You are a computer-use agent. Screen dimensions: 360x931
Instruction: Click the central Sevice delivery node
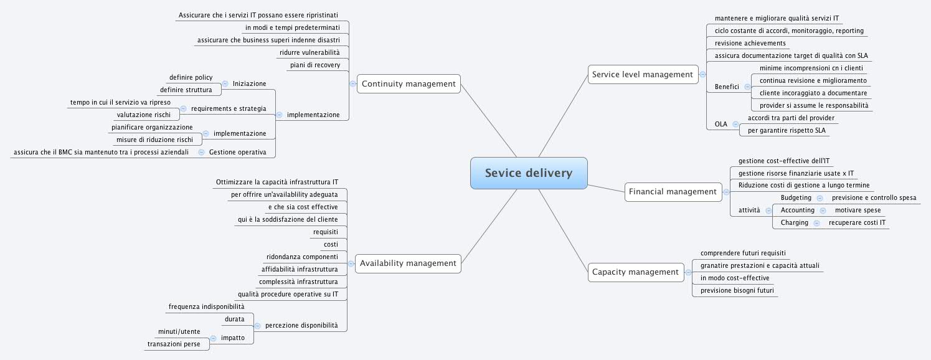coord(529,173)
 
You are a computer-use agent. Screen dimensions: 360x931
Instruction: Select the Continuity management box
coord(409,83)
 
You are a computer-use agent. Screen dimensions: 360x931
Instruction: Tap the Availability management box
coord(408,263)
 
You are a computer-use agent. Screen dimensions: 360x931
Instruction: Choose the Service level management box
coord(642,75)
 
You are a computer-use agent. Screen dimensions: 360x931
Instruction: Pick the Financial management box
coord(673,192)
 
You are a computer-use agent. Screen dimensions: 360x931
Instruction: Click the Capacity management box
coord(635,272)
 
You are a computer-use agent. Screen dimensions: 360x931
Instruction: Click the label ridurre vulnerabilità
coord(310,52)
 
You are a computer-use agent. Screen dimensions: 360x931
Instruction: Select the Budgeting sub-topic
coord(796,197)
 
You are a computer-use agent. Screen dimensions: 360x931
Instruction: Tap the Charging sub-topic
coord(794,222)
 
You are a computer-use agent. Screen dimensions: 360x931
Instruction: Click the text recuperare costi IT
coord(857,222)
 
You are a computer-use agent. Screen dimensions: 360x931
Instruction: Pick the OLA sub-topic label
coord(721,124)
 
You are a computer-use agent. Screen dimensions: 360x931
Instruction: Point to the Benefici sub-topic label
coord(727,87)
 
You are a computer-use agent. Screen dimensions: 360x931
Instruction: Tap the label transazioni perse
coord(174,344)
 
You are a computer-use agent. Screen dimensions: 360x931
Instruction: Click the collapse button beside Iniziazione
coord(225,83)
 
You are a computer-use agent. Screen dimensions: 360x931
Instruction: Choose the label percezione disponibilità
coord(301,325)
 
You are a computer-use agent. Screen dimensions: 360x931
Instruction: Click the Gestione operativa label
coord(238,152)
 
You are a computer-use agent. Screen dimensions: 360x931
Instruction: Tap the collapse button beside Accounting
coord(822,211)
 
